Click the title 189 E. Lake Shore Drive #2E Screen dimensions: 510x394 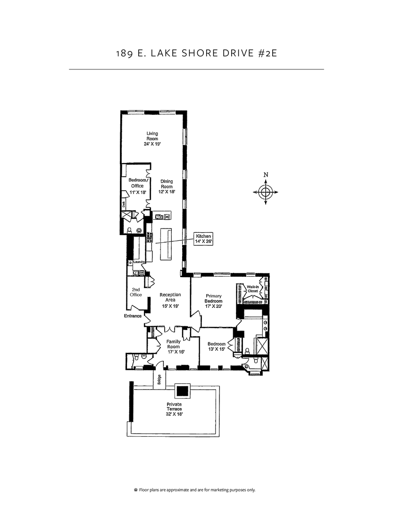click(x=196, y=52)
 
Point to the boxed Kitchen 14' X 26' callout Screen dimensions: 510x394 click(x=205, y=238)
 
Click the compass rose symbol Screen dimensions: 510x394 click(x=266, y=193)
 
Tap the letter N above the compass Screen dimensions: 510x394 click(x=266, y=175)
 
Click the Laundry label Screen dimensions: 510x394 click(x=139, y=262)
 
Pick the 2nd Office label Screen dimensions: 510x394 click(x=136, y=292)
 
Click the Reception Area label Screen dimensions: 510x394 click(x=170, y=300)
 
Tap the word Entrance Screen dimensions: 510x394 click(x=133, y=316)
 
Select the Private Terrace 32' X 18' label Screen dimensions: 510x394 click(x=174, y=409)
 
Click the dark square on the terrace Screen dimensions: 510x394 click(x=183, y=391)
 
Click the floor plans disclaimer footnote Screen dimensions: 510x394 click(x=196, y=490)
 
